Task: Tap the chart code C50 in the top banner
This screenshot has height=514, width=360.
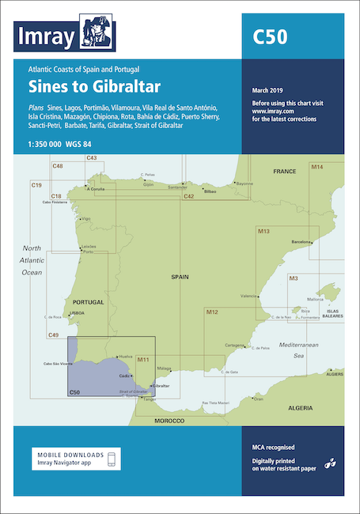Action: [269, 36]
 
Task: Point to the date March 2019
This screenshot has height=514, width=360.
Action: [269, 89]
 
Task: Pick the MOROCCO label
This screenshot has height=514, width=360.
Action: [169, 418]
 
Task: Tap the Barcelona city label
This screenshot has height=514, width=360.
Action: [305, 240]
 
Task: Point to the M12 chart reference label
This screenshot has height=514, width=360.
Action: [190, 313]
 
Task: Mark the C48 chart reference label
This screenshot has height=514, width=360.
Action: [58, 165]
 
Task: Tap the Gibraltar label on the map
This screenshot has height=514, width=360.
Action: [161, 385]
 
